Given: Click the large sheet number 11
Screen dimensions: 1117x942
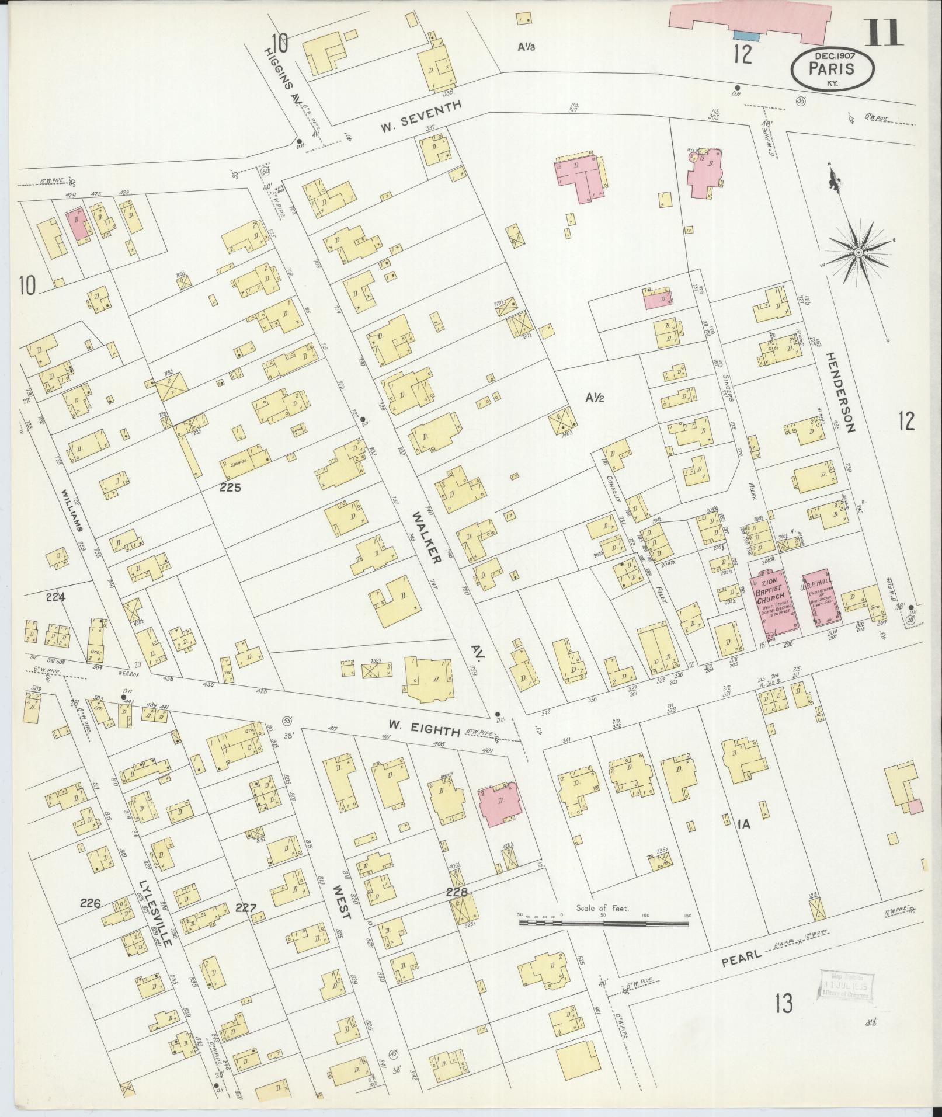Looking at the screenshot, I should tap(885, 32).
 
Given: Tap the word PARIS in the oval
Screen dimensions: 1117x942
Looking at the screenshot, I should tap(832, 68).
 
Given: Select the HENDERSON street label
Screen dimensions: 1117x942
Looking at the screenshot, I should tap(840, 391).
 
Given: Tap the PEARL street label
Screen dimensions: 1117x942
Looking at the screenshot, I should tap(742, 956).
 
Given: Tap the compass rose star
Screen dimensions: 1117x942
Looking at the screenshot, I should tap(858, 252).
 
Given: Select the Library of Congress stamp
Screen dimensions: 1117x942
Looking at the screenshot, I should tap(848, 988).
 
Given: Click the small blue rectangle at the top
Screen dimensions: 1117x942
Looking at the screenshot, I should tap(746, 36).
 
